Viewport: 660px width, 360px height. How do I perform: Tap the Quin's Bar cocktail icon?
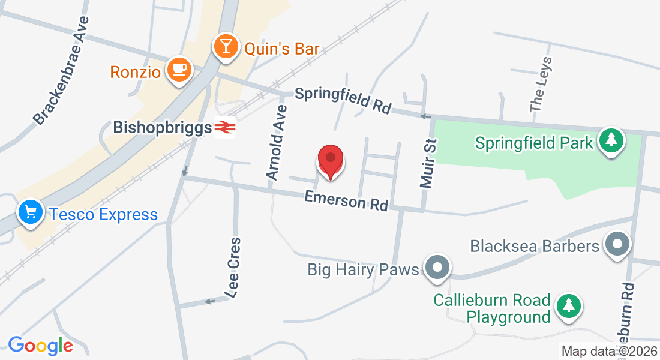(226, 46)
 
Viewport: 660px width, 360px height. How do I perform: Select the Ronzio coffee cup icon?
(179, 69)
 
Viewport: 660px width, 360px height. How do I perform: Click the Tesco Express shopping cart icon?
(29, 212)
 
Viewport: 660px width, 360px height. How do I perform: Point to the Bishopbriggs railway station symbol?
(225, 127)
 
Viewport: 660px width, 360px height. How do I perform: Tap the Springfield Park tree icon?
(611, 141)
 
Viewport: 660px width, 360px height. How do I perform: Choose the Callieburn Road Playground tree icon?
(568, 305)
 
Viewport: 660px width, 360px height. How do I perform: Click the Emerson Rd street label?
(346, 200)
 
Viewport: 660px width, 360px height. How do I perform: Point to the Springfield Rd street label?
(343, 100)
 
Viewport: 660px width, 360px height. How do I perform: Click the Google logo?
(40, 346)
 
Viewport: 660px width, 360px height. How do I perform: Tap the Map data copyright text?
(609, 351)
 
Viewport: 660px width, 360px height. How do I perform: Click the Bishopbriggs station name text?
(163, 127)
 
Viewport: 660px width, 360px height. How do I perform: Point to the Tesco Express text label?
(104, 214)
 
